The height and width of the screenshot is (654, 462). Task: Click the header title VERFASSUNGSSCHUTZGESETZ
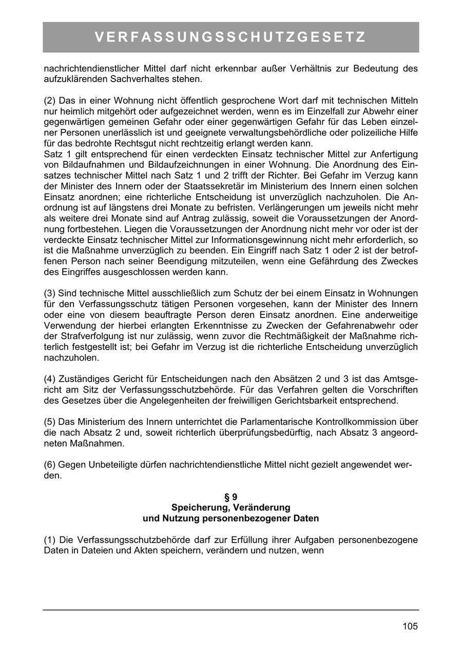pyautogui.click(x=230, y=38)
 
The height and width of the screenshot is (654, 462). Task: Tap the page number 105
pyautogui.click(x=410, y=626)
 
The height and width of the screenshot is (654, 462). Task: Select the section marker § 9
pyautogui.click(x=230, y=497)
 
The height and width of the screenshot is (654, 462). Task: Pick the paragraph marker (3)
pyautogui.click(x=50, y=293)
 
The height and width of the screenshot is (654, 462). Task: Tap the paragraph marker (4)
pyautogui.click(x=50, y=379)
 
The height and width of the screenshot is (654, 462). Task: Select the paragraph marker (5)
pyautogui.click(x=50, y=421)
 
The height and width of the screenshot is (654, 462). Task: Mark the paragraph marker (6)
pyautogui.click(x=50, y=464)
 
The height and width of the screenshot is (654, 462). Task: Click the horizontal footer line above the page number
pyautogui.click(x=230, y=610)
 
